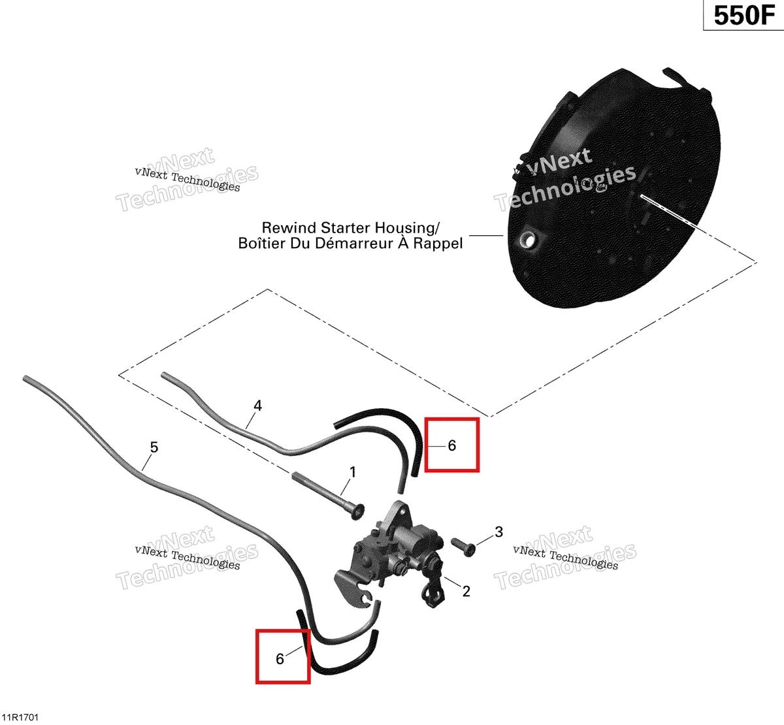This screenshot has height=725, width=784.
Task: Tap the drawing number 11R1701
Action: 20,717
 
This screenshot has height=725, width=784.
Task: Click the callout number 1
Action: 353,472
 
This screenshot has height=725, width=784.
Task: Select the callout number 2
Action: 466,591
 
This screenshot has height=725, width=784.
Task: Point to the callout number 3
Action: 499,532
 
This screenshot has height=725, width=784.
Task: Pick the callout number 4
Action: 258,406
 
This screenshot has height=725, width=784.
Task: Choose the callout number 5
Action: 154,447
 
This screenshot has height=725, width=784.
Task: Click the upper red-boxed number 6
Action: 452,445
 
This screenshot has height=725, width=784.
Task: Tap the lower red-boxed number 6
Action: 280,658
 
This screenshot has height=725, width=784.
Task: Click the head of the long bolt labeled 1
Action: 357,512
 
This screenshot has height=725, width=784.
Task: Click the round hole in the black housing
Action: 527,239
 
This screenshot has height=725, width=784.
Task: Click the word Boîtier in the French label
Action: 262,243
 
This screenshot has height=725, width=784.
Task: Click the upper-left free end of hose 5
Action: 25,378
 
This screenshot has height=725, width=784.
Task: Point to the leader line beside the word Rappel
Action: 486,236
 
